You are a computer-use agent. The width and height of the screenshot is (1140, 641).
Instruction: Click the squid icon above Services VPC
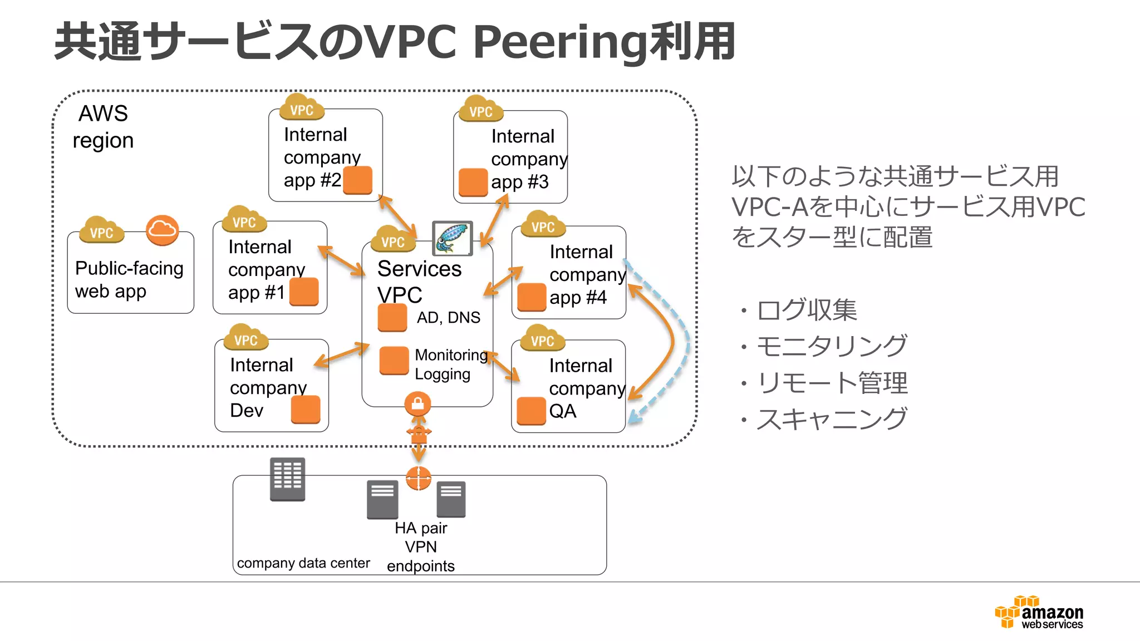tap(452, 238)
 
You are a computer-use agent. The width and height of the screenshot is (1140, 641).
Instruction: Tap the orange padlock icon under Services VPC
tap(417, 403)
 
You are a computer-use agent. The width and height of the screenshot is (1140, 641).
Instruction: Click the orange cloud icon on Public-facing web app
tap(162, 230)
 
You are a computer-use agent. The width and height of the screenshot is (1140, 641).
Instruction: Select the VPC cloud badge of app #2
tap(302, 108)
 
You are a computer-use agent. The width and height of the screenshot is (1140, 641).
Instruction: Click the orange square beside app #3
tap(473, 183)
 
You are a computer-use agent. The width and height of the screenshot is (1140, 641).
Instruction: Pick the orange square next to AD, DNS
tap(392, 318)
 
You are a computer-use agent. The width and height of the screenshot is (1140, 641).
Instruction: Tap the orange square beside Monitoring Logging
tap(394, 361)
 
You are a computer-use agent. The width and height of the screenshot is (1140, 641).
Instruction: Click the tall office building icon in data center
tap(287, 479)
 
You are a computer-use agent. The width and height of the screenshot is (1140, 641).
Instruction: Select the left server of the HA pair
tap(382, 499)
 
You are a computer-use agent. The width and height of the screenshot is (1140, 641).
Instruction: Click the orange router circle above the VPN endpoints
tap(419, 478)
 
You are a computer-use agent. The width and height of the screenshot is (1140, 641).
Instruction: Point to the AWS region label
tap(104, 127)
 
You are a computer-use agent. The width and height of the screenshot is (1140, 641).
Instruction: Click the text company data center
tap(303, 563)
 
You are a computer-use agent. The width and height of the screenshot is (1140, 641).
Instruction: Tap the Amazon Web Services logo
tap(1039, 612)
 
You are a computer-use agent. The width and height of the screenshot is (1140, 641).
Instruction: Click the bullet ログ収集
tap(806, 310)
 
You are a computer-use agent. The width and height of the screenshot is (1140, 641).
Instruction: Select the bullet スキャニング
tap(831, 419)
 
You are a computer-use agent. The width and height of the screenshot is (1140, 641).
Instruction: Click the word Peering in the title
tap(559, 42)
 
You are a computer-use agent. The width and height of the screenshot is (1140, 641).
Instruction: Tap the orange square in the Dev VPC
tap(306, 410)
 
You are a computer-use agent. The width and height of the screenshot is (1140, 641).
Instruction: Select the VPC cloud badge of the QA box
tap(542, 339)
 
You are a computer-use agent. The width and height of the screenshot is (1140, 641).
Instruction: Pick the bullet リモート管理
tap(831, 383)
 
